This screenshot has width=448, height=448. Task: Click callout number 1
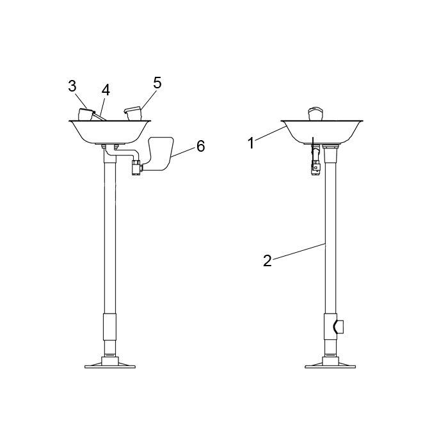251,143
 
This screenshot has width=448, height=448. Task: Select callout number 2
267,261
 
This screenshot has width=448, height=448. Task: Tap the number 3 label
72,86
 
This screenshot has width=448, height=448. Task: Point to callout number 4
106,90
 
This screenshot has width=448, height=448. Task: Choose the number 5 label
157,83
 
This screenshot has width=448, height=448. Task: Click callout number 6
201,147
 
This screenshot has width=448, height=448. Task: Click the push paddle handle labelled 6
159,154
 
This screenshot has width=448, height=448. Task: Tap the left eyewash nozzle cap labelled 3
86,114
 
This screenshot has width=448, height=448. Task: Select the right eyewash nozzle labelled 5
133,113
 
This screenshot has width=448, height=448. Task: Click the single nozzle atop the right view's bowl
316,114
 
